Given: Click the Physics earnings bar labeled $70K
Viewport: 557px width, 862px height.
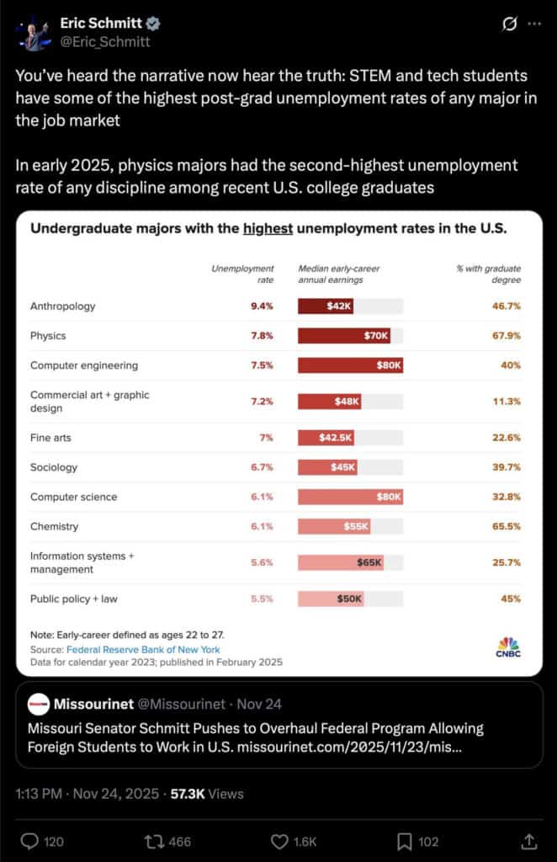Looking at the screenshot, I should [x=345, y=336].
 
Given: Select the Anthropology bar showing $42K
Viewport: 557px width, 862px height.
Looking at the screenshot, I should [x=326, y=306].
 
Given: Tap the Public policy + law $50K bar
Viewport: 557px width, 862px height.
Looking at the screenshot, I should [x=332, y=599].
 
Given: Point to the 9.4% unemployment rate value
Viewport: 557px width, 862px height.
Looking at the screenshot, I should [x=262, y=306].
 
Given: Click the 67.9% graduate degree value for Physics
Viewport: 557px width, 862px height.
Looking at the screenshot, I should [x=507, y=336].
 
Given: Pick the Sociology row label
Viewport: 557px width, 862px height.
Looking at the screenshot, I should [x=54, y=467].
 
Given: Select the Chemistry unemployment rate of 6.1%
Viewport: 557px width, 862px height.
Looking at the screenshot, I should [x=262, y=526].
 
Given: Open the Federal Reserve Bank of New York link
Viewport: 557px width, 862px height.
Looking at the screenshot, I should [x=143, y=649].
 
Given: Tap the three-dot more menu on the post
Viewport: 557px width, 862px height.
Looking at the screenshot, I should [x=535, y=24].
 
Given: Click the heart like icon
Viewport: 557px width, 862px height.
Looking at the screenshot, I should [x=280, y=841].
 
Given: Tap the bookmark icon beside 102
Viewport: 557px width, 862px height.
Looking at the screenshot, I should [x=404, y=841].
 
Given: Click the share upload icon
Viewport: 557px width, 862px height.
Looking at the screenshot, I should [x=529, y=841].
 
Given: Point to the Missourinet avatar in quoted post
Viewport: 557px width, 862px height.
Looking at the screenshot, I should [x=38, y=704].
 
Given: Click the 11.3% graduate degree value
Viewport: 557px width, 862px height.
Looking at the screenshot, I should [x=507, y=402].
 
